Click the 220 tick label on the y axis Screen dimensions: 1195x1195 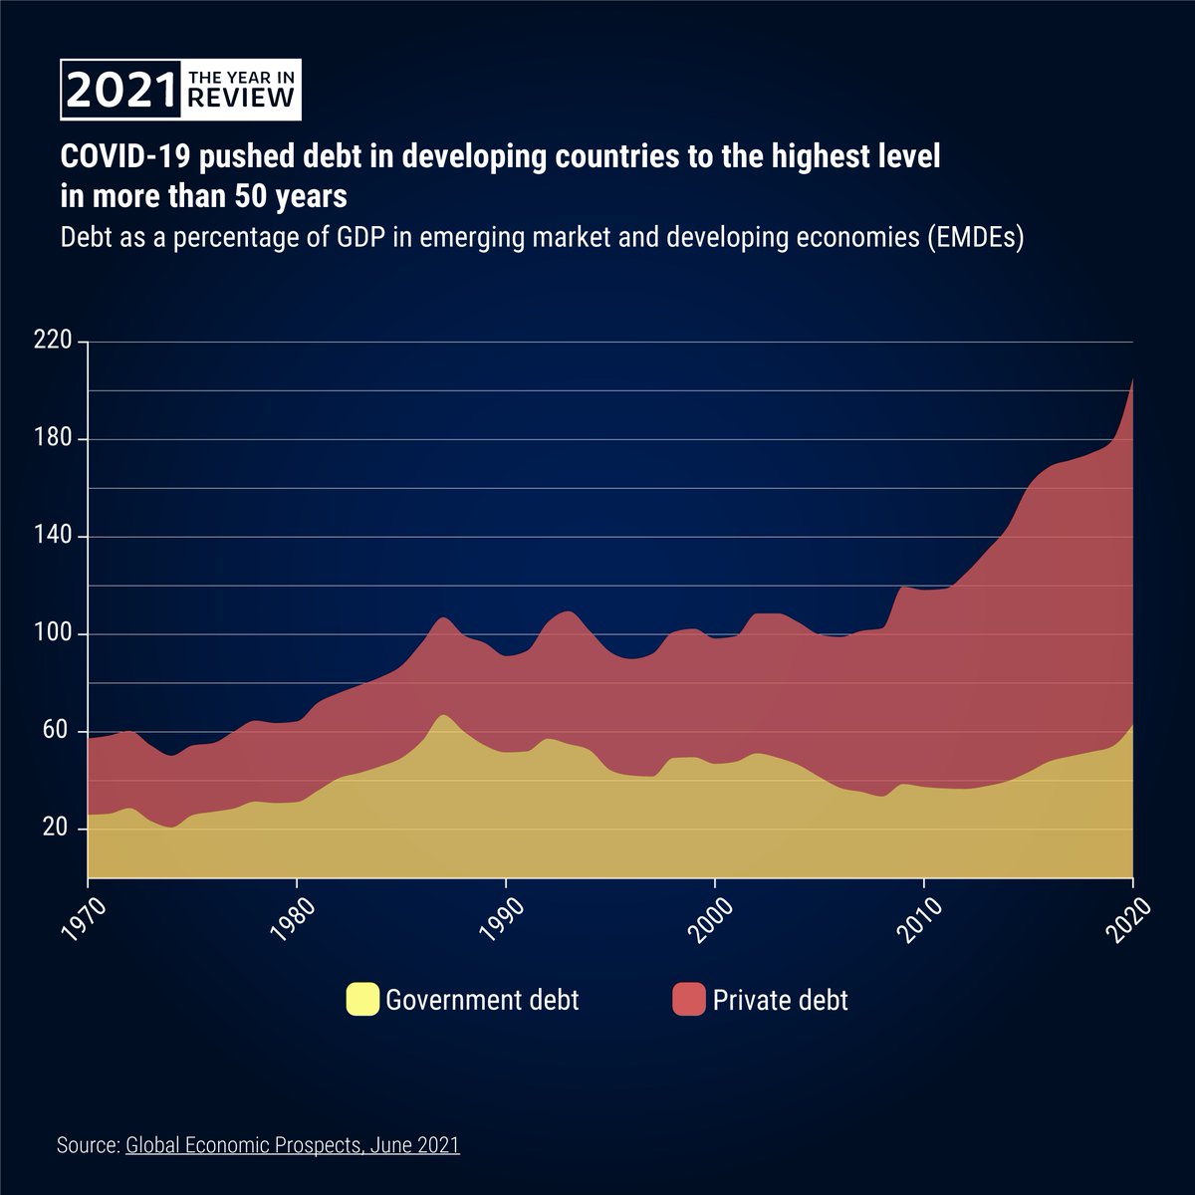tap(53, 342)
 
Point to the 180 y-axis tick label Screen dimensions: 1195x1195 tap(53, 439)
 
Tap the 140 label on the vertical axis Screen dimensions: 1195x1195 tap(53, 537)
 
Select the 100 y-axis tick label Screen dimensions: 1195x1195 tap(53, 634)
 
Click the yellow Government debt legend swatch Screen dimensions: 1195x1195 tap(362, 999)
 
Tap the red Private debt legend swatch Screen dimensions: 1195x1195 tap(688, 999)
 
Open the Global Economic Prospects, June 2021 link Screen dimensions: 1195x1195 tap(293, 1145)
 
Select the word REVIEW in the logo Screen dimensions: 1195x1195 tap(241, 98)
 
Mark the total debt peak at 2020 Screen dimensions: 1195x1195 tap(1132, 379)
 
